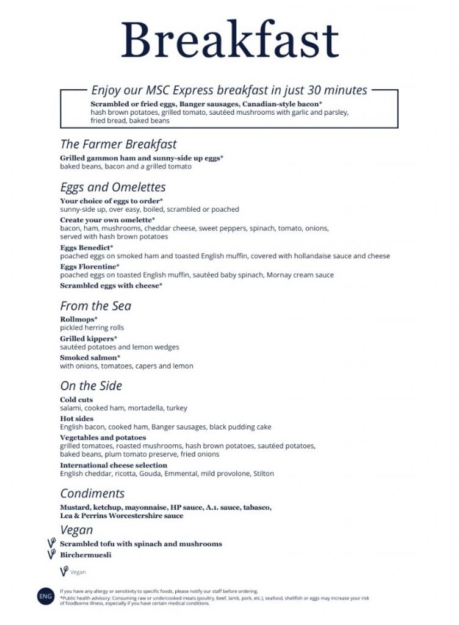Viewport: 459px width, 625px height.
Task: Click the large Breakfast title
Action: pyautogui.click(x=229, y=40)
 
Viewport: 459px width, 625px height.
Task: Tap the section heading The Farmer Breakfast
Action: pyautogui.click(x=118, y=145)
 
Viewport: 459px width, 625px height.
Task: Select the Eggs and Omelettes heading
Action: pyautogui.click(x=113, y=187)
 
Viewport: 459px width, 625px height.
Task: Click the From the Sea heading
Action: pyautogui.click(x=96, y=306)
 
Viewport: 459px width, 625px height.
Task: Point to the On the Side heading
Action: pyautogui.click(x=91, y=386)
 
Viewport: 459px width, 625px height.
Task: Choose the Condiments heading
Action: pyautogui.click(x=92, y=493)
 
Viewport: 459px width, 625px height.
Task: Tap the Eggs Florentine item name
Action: pyautogui.click(x=90, y=267)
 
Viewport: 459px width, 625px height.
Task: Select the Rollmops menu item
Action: pyautogui.click(x=79, y=319)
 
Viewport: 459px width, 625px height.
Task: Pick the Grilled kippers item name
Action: pyautogui.click(x=89, y=338)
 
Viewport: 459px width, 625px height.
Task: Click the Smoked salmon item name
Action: pyautogui.click(x=90, y=357)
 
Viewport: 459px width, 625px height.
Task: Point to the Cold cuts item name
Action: pyautogui.click(x=76, y=400)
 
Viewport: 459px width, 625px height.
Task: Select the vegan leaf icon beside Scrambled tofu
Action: pyautogui.click(x=52, y=543)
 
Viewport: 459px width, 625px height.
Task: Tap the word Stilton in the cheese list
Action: pyautogui.click(x=264, y=474)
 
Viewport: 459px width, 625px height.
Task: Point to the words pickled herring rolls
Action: pyautogui.click(x=92, y=328)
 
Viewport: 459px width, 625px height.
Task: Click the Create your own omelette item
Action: pyautogui.click(x=107, y=219)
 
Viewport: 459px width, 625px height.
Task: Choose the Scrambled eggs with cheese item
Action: pyautogui.click(x=111, y=286)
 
